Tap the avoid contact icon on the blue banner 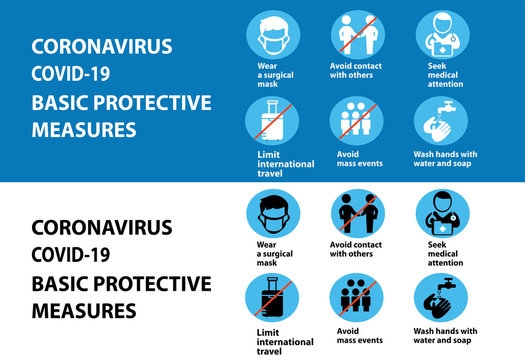[356, 35]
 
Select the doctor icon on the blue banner [441, 35]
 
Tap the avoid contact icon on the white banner [356, 214]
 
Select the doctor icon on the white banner [441, 214]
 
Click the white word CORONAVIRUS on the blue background [102, 47]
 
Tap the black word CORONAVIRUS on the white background [102, 227]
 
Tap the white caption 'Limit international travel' [279, 164]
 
